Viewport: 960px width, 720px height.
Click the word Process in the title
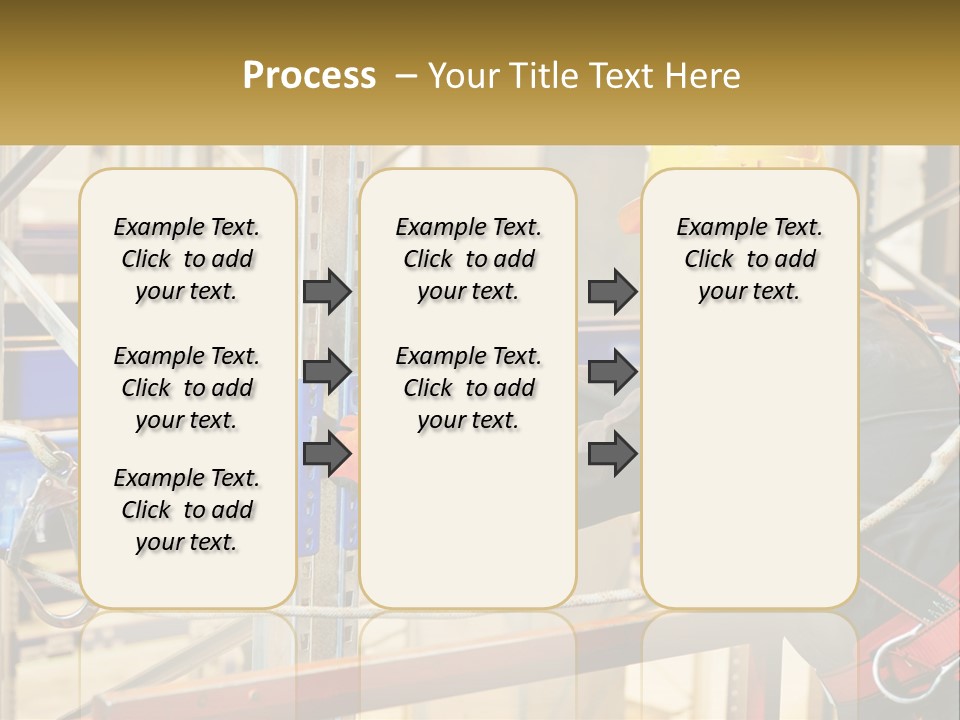309,76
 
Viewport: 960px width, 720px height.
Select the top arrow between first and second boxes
327,292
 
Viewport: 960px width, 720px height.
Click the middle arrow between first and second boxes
327,372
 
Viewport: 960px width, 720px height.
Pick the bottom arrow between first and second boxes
327,454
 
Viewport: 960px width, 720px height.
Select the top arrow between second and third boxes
612,292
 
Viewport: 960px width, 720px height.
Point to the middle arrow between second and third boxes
612,372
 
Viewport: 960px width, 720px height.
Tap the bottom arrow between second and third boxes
612,454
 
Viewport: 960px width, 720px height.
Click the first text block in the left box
187,259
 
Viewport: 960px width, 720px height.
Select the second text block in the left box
187,388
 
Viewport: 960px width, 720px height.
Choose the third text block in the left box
187,510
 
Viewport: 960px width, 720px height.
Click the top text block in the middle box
468,259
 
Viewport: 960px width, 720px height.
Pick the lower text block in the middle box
468,388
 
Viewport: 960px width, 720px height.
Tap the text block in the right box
749,259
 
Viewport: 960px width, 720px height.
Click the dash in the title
407,76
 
